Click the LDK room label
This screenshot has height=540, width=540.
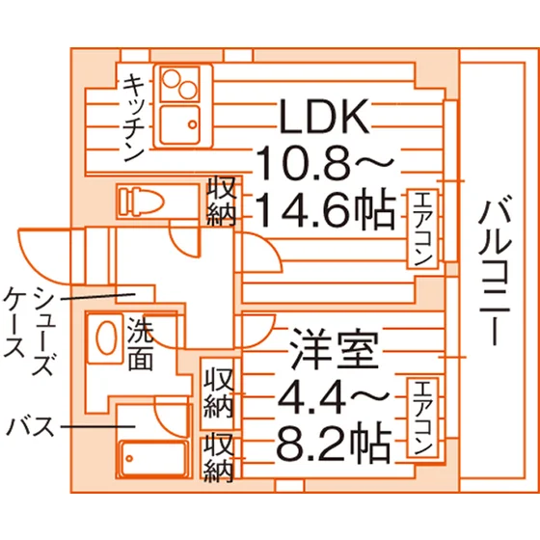[324, 117]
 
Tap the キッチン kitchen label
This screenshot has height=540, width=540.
[133, 117]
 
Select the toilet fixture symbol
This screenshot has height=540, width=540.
[141, 202]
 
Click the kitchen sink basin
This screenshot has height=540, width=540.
[180, 124]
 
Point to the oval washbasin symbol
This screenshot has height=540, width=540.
[105, 337]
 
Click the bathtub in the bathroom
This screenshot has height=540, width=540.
[154, 458]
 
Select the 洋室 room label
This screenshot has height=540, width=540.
[334, 348]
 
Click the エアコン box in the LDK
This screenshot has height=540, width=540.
[422, 229]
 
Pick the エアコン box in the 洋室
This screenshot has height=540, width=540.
[422, 418]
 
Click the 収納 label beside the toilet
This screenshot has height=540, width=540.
[222, 201]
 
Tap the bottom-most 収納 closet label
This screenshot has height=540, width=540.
[219, 457]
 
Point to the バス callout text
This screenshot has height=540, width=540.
[31, 426]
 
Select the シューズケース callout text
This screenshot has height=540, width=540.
[29, 331]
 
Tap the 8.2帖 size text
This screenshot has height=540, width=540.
[334, 443]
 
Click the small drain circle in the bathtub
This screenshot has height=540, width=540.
[129, 458]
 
